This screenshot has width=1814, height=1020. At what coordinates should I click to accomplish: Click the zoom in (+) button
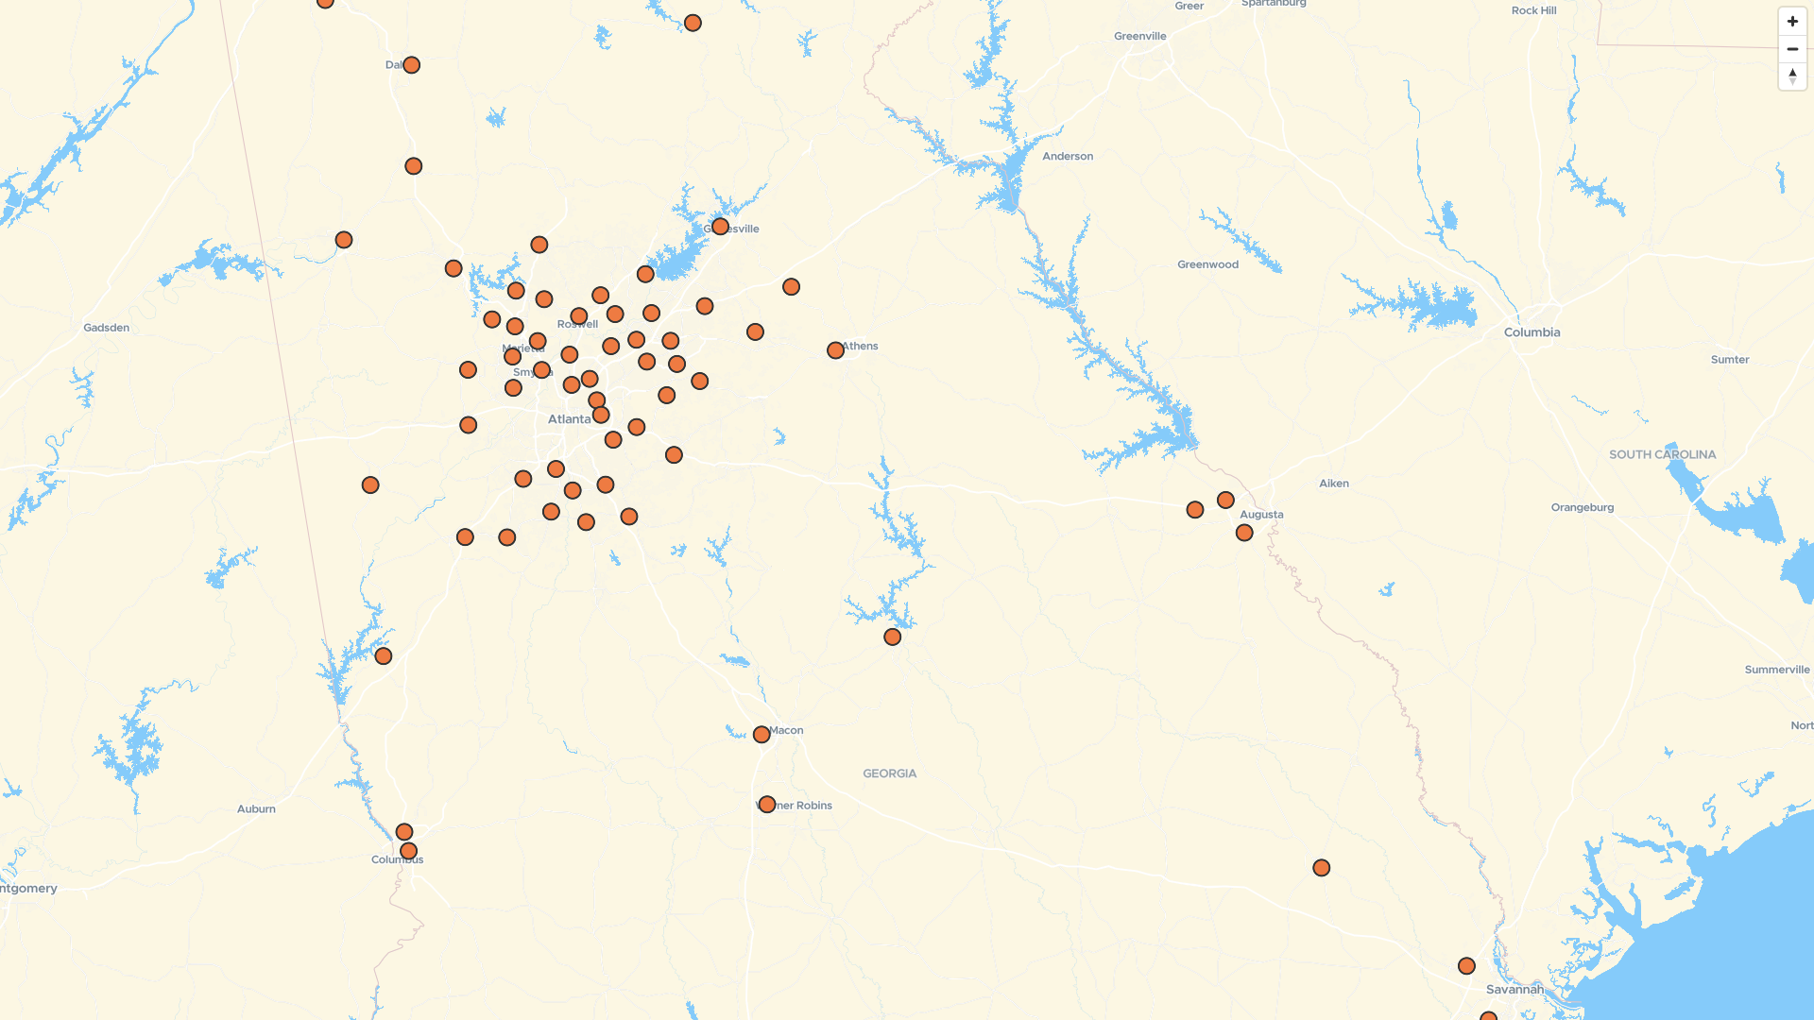click(1792, 22)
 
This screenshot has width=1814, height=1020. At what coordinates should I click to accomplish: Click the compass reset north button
click(1792, 76)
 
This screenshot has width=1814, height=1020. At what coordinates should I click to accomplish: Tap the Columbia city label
click(1532, 332)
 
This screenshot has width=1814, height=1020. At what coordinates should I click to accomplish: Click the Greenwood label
click(1207, 264)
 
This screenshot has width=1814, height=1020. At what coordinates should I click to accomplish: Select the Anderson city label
click(1068, 157)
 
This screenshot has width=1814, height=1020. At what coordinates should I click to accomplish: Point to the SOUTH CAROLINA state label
click(1662, 454)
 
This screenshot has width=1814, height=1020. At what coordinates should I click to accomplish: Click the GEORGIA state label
click(889, 773)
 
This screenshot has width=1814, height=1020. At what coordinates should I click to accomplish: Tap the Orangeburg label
click(1582, 507)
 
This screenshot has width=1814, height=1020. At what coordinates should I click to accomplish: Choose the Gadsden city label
click(106, 328)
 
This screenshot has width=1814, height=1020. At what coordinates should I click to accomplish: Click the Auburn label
click(256, 808)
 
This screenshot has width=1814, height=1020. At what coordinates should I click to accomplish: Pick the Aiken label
click(1333, 484)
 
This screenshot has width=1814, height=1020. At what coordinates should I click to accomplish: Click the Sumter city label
click(1729, 360)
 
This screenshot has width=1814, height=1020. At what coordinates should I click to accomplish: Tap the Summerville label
click(1776, 670)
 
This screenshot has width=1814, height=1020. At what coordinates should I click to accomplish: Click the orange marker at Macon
click(762, 735)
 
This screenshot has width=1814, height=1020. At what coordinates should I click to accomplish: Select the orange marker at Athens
click(835, 350)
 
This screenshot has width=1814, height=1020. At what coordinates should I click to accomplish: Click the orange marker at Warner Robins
click(767, 805)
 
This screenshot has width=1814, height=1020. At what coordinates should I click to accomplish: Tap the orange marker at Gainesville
click(720, 227)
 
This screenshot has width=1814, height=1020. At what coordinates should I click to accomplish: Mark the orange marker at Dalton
click(411, 65)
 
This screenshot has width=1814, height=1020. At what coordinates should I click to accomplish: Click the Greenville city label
click(1139, 36)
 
